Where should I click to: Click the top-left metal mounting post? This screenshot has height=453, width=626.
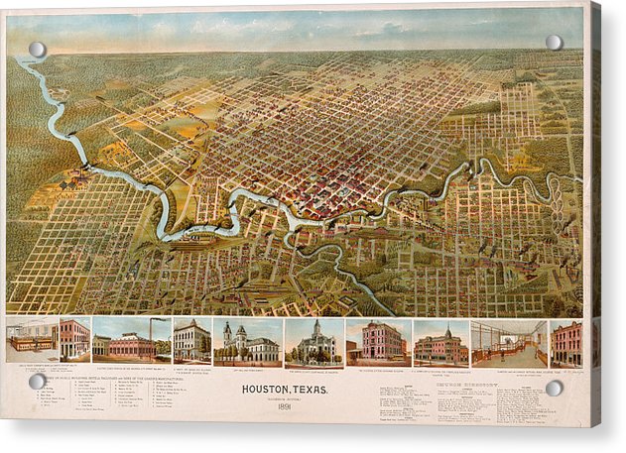[38, 50]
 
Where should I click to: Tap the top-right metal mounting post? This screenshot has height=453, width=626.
[554, 43]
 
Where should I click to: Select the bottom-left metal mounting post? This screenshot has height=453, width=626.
[38, 381]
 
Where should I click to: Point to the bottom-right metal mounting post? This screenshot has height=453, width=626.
[554, 388]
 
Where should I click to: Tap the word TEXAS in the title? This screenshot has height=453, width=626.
[312, 389]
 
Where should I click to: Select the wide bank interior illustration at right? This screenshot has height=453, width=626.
[508, 344]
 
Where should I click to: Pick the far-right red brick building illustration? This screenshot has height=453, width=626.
[566, 344]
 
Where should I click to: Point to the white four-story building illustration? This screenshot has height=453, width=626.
[191, 342]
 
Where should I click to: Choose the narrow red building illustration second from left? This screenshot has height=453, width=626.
[74, 339]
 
